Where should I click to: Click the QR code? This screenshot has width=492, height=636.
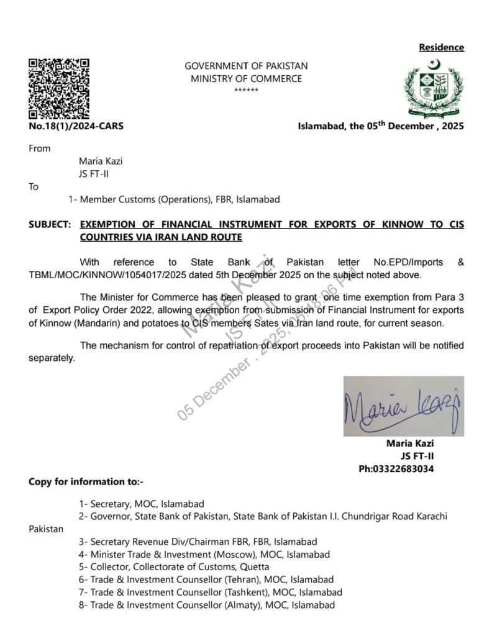pyautogui.click(x=59, y=88)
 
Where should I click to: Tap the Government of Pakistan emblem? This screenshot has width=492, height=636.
pyautogui.click(x=435, y=88)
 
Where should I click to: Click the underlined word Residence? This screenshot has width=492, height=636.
pyautogui.click(x=441, y=47)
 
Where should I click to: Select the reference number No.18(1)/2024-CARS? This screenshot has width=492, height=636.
pyautogui.click(x=76, y=126)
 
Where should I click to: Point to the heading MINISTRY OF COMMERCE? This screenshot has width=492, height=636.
pyautogui.click(x=246, y=79)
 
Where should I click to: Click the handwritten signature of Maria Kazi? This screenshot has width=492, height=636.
pyautogui.click(x=403, y=406)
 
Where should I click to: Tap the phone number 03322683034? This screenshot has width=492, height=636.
pyautogui.click(x=407, y=468)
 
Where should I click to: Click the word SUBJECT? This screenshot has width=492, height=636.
pyautogui.click(x=50, y=224)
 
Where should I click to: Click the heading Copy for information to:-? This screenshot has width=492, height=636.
pyautogui.click(x=86, y=481)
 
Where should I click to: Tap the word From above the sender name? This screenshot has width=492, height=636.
pyautogui.click(x=40, y=148)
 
